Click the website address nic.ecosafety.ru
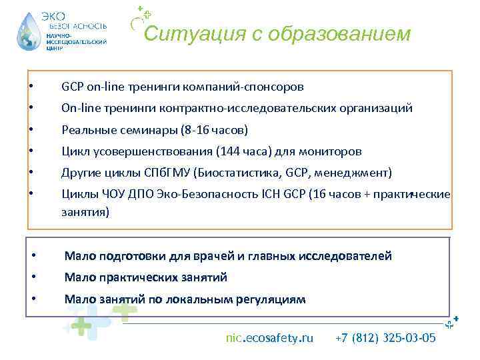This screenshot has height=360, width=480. coord(269,338)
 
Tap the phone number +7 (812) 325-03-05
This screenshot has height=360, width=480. coord(385,338)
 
